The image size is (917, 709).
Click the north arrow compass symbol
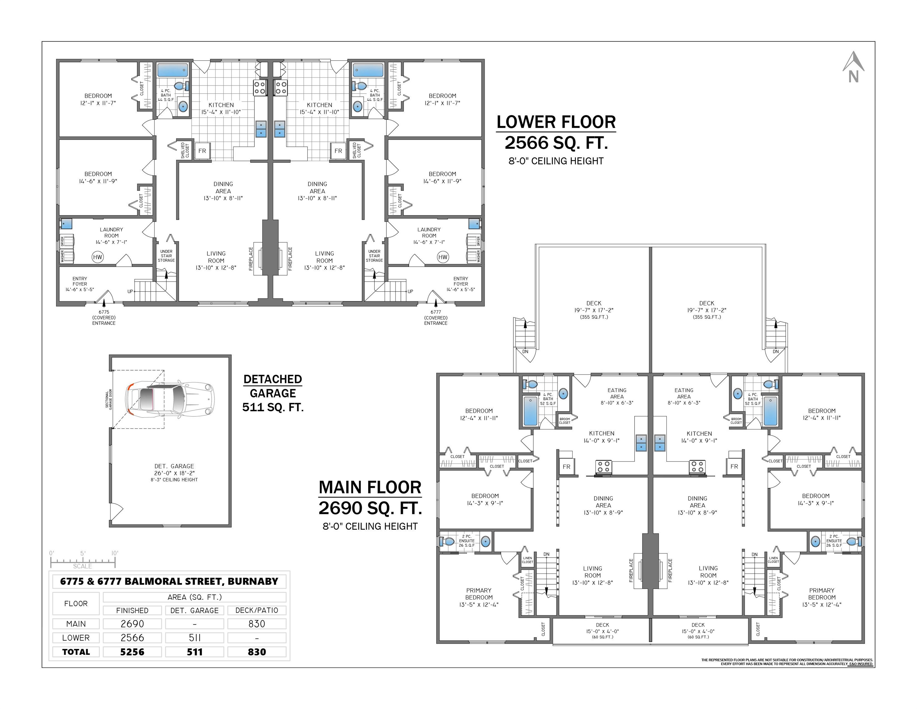[x=853, y=67]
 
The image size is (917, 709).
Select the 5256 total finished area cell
[x=132, y=652]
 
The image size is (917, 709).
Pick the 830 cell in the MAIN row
[x=257, y=624]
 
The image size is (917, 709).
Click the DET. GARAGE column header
[x=194, y=610]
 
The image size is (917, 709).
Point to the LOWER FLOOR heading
[x=556, y=122]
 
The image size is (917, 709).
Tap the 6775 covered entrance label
[x=104, y=318]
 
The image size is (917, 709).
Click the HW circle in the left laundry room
[x=98, y=257]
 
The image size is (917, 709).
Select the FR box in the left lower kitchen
[x=202, y=151]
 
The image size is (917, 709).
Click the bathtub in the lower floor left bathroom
[x=173, y=70]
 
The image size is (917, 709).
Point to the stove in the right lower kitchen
[x=281, y=87]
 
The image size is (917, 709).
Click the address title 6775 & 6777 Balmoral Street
[x=169, y=581]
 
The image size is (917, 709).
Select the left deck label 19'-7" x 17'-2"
[x=594, y=310]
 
